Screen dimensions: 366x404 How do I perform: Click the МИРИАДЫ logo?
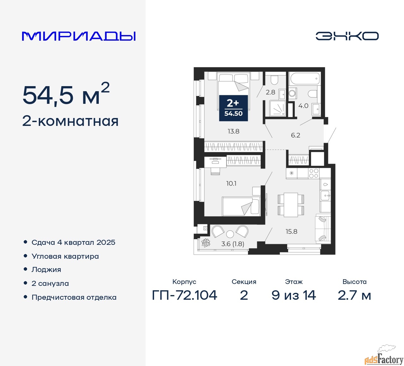click(79, 36)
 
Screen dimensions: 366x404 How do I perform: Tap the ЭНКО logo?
click(347, 36)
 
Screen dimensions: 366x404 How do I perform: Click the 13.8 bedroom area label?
click(234, 131)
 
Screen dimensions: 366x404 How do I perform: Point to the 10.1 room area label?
click(231, 183)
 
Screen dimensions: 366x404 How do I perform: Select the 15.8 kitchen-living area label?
click(291, 232)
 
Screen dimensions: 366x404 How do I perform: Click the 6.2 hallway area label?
click(295, 135)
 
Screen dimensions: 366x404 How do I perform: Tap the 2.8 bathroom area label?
click(270, 92)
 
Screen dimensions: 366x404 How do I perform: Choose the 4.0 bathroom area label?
click(303, 106)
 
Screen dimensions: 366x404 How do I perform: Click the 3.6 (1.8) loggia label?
click(233, 244)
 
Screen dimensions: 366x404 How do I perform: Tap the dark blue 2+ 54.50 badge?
click(233, 108)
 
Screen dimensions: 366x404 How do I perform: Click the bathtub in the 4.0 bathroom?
click(305, 79)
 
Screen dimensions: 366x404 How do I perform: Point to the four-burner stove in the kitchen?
click(313, 174)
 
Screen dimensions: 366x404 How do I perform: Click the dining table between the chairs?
click(291, 205)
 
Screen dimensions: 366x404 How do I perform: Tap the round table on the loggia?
click(230, 234)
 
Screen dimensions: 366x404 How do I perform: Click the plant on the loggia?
click(206, 243)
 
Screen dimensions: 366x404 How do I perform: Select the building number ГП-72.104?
click(185, 295)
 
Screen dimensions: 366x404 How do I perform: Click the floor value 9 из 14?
click(294, 295)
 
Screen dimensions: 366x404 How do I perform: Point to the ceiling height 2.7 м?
click(354, 295)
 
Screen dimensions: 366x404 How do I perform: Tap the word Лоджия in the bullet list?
click(46, 270)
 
